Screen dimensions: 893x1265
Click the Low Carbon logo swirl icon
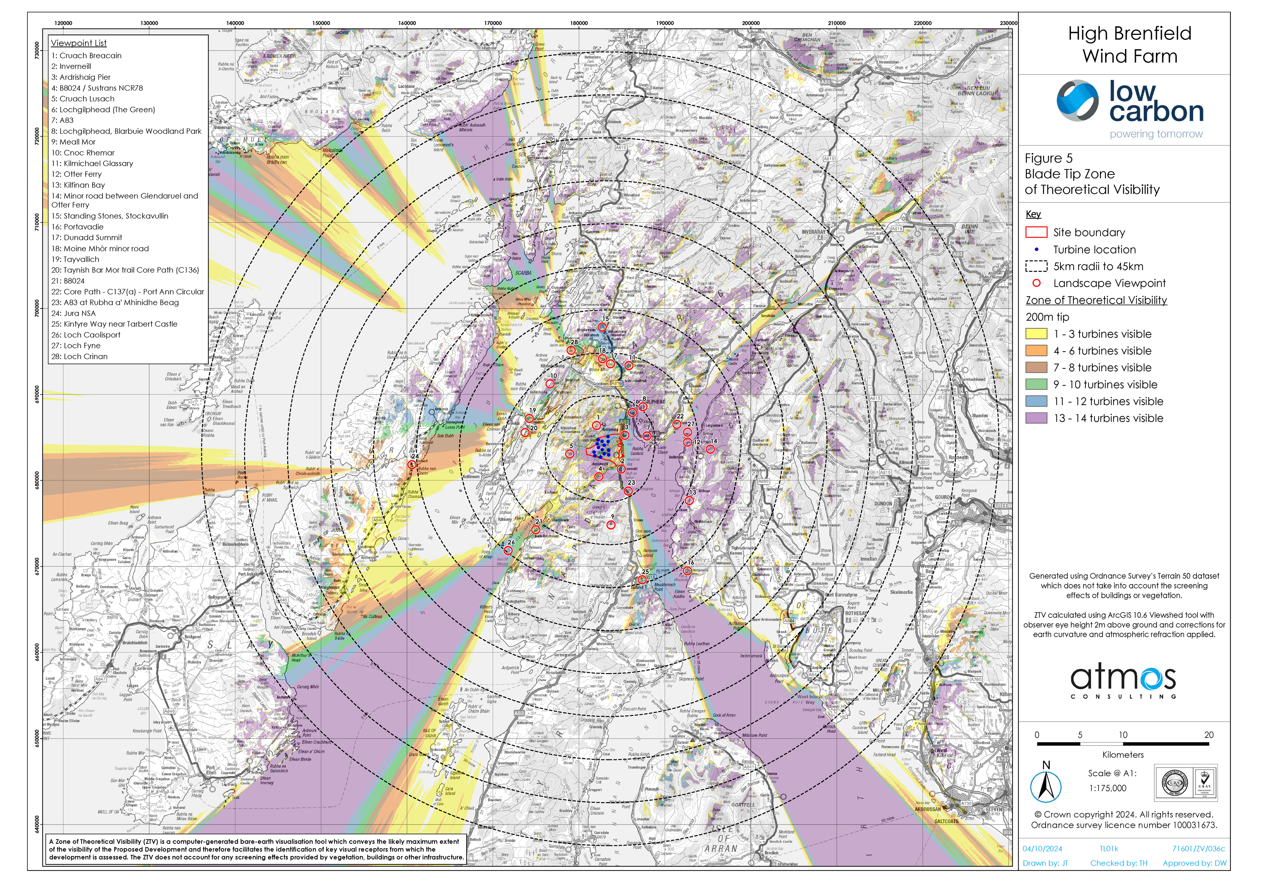pos(1078,101)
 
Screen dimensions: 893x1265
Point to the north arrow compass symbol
pos(1045,787)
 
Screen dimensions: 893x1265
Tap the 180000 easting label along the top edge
pos(578,23)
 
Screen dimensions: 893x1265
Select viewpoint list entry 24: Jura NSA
pos(73,313)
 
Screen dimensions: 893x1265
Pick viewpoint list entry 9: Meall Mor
pos(73,142)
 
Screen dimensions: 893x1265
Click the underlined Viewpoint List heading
pos(79,43)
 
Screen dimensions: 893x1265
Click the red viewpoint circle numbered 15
pos(602,327)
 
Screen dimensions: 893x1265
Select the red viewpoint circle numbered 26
pos(508,550)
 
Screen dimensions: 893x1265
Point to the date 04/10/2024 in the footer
pos(1042,849)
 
